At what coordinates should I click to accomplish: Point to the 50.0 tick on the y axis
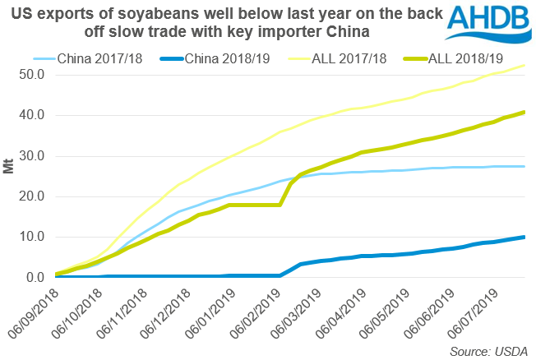tap(31, 75)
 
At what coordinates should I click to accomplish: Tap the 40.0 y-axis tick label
tap(31, 115)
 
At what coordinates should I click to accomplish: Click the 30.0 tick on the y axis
tap(31, 156)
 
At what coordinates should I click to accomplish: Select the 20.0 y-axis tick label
tap(31, 196)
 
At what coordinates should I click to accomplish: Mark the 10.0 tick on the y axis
tap(31, 238)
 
